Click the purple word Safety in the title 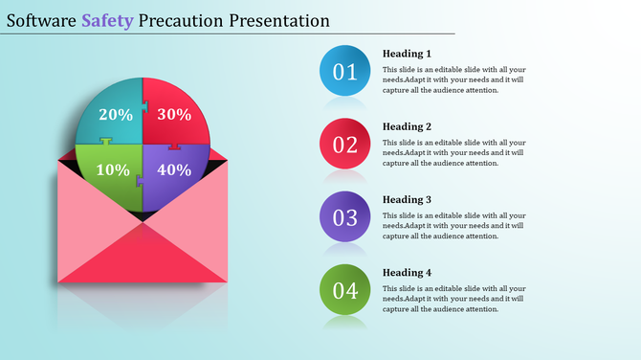(106, 20)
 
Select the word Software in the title (41, 20)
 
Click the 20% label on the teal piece (115, 115)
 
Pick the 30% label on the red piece (173, 115)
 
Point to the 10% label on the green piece (113, 170)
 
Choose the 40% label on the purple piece (173, 170)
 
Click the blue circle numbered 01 (344, 71)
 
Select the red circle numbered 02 (344, 145)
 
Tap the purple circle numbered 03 (344, 217)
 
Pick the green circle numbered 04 (344, 290)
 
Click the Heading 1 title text (407, 54)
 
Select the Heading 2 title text (407, 126)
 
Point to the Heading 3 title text (407, 199)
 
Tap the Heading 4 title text (407, 272)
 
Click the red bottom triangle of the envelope (143, 257)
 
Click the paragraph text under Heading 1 (453, 80)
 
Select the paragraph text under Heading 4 (453, 299)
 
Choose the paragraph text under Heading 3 (453, 226)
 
